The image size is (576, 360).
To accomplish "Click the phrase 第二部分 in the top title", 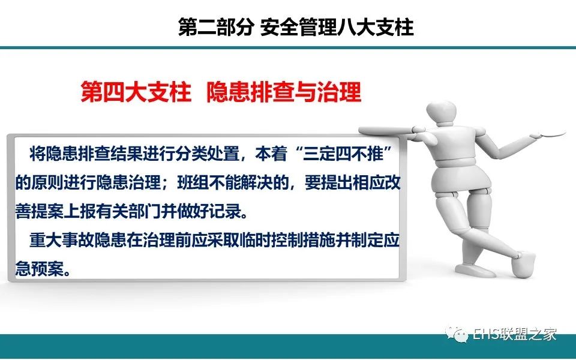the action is pyautogui.click(x=216, y=28).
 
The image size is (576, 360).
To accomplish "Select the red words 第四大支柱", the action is pyautogui.click(x=136, y=92).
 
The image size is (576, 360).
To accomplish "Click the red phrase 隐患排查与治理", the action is pyautogui.click(x=284, y=92).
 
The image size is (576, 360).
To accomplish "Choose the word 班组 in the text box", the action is pyautogui.click(x=193, y=183).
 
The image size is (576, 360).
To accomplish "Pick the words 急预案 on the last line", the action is pyautogui.click(x=39, y=269).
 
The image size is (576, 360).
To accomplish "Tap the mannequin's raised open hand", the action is pyautogui.click(x=548, y=134).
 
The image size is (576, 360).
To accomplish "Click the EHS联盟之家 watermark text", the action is pyautogui.click(x=514, y=334).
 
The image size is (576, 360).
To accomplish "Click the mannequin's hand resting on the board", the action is pyautogui.click(x=419, y=130).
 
